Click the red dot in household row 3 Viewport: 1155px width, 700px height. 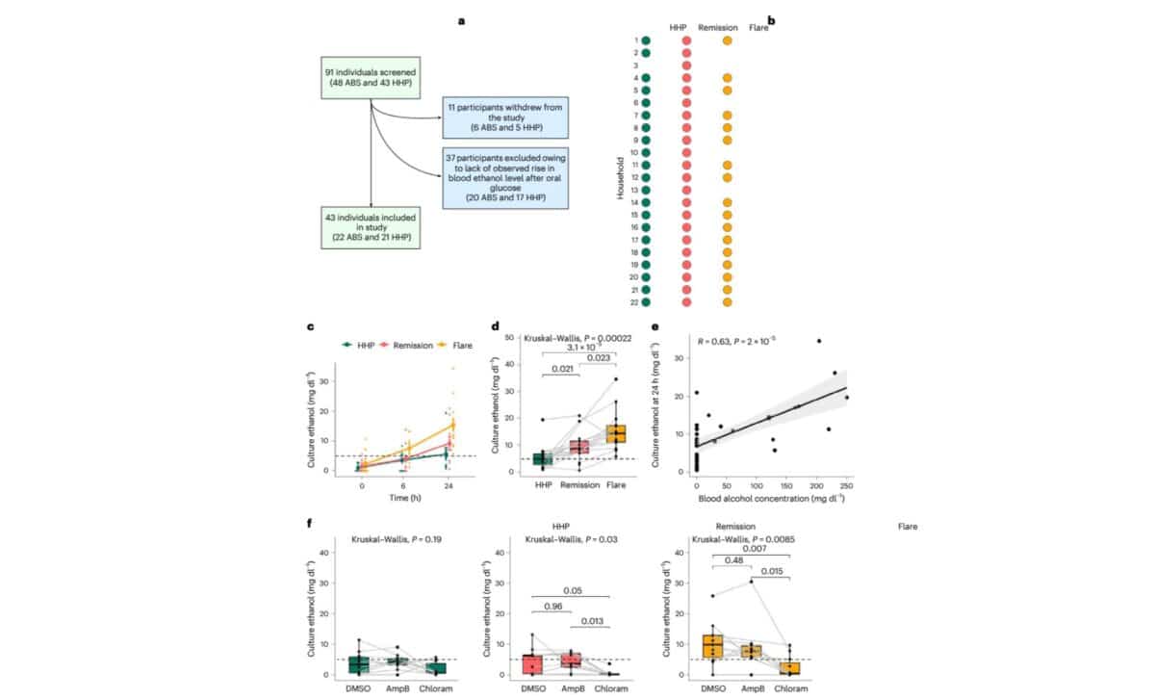(686, 65)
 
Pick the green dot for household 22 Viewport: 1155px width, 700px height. (646, 302)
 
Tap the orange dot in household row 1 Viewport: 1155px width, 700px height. (727, 41)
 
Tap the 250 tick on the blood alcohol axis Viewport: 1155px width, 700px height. (846, 487)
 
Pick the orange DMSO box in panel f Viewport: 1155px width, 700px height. (712, 646)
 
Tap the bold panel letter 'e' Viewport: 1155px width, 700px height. (654, 326)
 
